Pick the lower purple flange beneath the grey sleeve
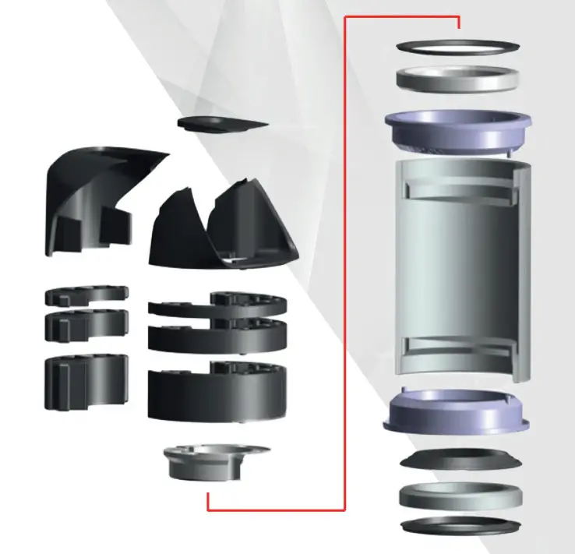pyautogui.click(x=457, y=413)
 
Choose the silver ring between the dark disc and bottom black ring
pyautogui.click(x=459, y=496)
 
